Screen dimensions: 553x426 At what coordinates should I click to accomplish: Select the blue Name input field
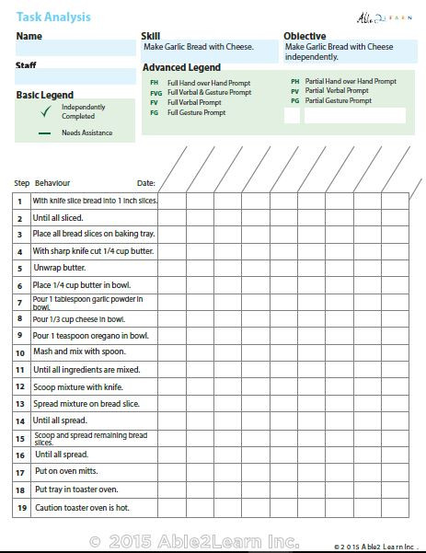tap(75, 49)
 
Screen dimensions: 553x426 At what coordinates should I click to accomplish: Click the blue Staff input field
tap(75, 77)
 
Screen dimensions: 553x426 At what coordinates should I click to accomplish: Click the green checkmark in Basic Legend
tap(44, 112)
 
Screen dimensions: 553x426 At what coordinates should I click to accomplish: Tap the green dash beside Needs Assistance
tap(44, 133)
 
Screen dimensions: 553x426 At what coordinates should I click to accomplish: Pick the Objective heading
tap(305, 37)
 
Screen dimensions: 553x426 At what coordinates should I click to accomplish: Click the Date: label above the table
tap(145, 183)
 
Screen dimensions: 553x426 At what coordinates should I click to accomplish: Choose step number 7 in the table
tap(19, 302)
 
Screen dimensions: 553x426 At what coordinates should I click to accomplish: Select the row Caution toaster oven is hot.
tap(82, 507)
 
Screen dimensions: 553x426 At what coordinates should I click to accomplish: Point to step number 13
tap(19, 404)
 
